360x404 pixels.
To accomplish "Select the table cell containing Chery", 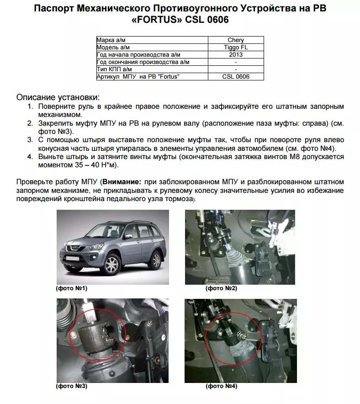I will coord(236,40).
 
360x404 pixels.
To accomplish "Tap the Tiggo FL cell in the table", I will coord(236,47).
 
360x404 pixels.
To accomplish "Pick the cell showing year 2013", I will coord(236,54).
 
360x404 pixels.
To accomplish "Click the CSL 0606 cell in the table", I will coord(236,76).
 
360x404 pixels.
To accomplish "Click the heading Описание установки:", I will coord(58,97).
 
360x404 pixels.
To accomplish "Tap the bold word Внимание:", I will coord(121,182).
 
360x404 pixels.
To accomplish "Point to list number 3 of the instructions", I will coord(30,140).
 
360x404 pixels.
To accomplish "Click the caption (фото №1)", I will coord(72,288).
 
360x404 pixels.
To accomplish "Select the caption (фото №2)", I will coord(222,288).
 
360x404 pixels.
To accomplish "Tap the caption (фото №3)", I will coord(72,386).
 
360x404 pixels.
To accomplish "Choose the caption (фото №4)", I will coord(222,386).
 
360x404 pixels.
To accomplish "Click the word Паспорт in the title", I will coord(56,9).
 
